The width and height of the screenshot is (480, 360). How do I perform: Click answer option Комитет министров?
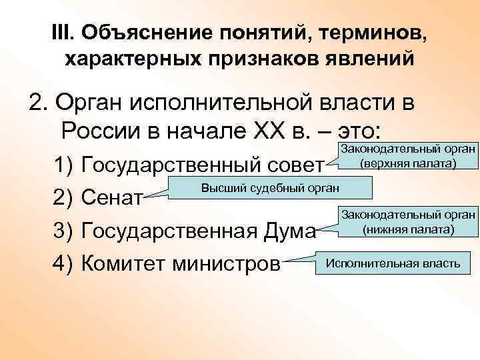[x=179, y=263]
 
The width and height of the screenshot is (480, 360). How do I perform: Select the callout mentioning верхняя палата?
[x=407, y=157]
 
